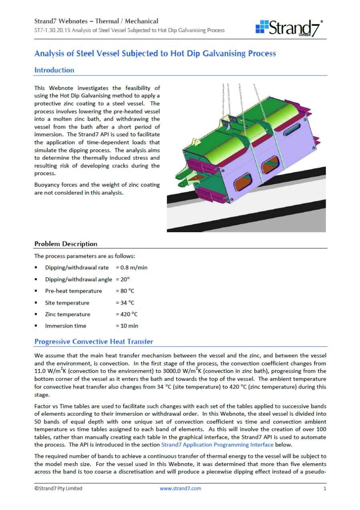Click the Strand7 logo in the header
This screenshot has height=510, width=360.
pos(289,28)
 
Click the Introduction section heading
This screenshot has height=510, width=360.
pos(54,70)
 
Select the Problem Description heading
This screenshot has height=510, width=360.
pos(66,244)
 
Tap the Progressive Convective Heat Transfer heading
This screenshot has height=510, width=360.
pos(94,341)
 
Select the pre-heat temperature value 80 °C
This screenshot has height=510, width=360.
pos(127,291)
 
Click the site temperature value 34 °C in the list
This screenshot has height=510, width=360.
pos(127,303)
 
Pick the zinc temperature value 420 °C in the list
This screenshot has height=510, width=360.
pos(128,314)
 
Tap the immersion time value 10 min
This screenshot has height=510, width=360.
pos(128,326)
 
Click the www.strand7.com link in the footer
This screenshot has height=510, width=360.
pos(180,488)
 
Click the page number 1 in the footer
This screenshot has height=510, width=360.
pos(325,488)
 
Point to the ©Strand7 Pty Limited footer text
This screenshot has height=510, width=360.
pos(58,488)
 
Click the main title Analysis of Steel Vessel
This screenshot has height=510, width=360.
pos(155,54)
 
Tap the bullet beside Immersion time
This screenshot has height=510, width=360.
pos(36,326)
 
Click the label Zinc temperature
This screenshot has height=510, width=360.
pos(68,314)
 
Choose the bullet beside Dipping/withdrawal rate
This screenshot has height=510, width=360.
pos(36,267)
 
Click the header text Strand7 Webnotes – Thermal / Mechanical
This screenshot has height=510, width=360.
pos(96,21)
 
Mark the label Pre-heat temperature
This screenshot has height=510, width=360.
pos(74,291)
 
